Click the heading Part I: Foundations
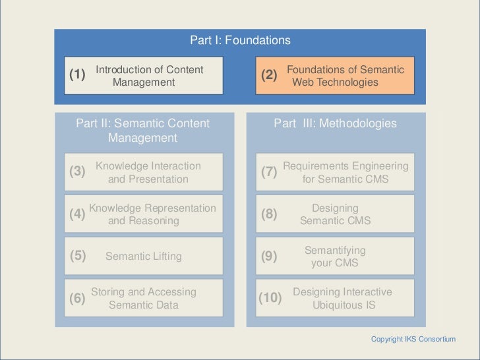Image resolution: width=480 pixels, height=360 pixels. pyautogui.click(x=240, y=41)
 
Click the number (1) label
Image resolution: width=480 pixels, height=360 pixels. pyautogui.click(x=77, y=75)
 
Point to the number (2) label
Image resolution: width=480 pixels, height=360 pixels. pyautogui.click(x=269, y=76)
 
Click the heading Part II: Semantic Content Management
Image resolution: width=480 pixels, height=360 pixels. pyautogui.click(x=143, y=131)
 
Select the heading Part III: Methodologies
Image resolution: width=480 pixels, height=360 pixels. pyautogui.click(x=336, y=123)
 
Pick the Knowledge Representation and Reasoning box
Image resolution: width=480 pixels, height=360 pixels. pyautogui.click(x=150, y=214)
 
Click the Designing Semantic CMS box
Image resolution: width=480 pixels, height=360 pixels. pyautogui.click(x=335, y=214)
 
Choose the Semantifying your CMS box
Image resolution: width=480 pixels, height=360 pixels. pyautogui.click(x=335, y=256)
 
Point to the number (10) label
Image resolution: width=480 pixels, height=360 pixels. pyautogui.click(x=270, y=298)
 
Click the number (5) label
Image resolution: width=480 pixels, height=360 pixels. pyautogui.click(x=77, y=256)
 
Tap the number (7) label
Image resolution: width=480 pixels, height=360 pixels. pyautogui.click(x=269, y=173)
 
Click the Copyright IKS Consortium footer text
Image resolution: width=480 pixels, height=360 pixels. pyautogui.click(x=413, y=339)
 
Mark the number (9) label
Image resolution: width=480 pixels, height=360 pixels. pyautogui.click(x=269, y=256)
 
